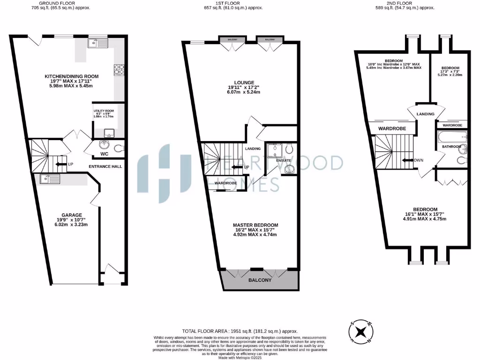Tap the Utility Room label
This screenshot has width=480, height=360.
coord(103,111)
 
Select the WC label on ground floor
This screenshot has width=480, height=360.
coord(104,154)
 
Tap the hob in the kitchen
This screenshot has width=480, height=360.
coord(118,69)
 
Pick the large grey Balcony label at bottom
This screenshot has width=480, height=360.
coord(259,280)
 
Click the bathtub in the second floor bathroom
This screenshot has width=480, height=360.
coord(452,138)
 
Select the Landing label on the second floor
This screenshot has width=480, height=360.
coord(425,114)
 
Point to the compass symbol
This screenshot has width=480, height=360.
coord(360,332)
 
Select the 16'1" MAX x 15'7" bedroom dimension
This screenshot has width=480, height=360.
coord(425,214)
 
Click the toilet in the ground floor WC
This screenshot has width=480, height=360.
coord(119,148)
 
